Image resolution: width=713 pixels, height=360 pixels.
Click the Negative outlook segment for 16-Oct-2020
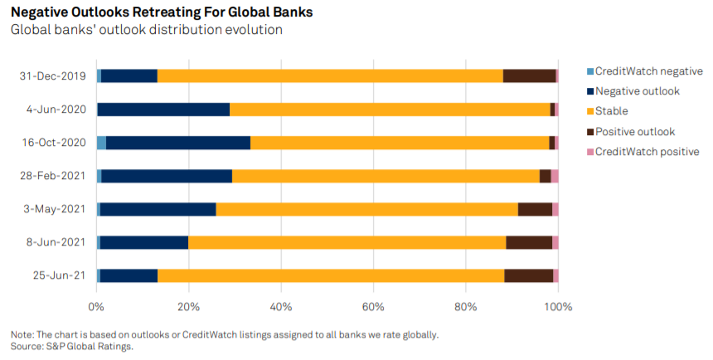178,143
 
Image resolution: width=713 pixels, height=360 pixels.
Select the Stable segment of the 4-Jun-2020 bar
390,109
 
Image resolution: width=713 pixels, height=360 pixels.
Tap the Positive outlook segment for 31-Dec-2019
529,76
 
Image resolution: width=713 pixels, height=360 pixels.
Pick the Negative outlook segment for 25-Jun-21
129,275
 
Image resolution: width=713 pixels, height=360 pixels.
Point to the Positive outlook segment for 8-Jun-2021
529,242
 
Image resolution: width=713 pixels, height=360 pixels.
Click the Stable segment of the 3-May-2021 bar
366,209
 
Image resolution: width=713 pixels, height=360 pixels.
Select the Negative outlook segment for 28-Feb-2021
167,176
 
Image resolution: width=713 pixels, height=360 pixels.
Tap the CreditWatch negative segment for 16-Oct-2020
101,143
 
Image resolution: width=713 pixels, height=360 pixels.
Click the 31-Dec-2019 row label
53,76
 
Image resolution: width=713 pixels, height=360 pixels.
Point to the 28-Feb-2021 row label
53,176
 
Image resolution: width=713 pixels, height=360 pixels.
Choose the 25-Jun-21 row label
58,275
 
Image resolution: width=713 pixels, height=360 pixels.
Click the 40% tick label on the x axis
281,308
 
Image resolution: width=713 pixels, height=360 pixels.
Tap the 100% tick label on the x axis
558,308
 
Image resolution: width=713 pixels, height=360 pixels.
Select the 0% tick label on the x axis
97,308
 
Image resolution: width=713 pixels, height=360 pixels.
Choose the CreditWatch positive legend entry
647,151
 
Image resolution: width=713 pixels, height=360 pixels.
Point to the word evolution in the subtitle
252,30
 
